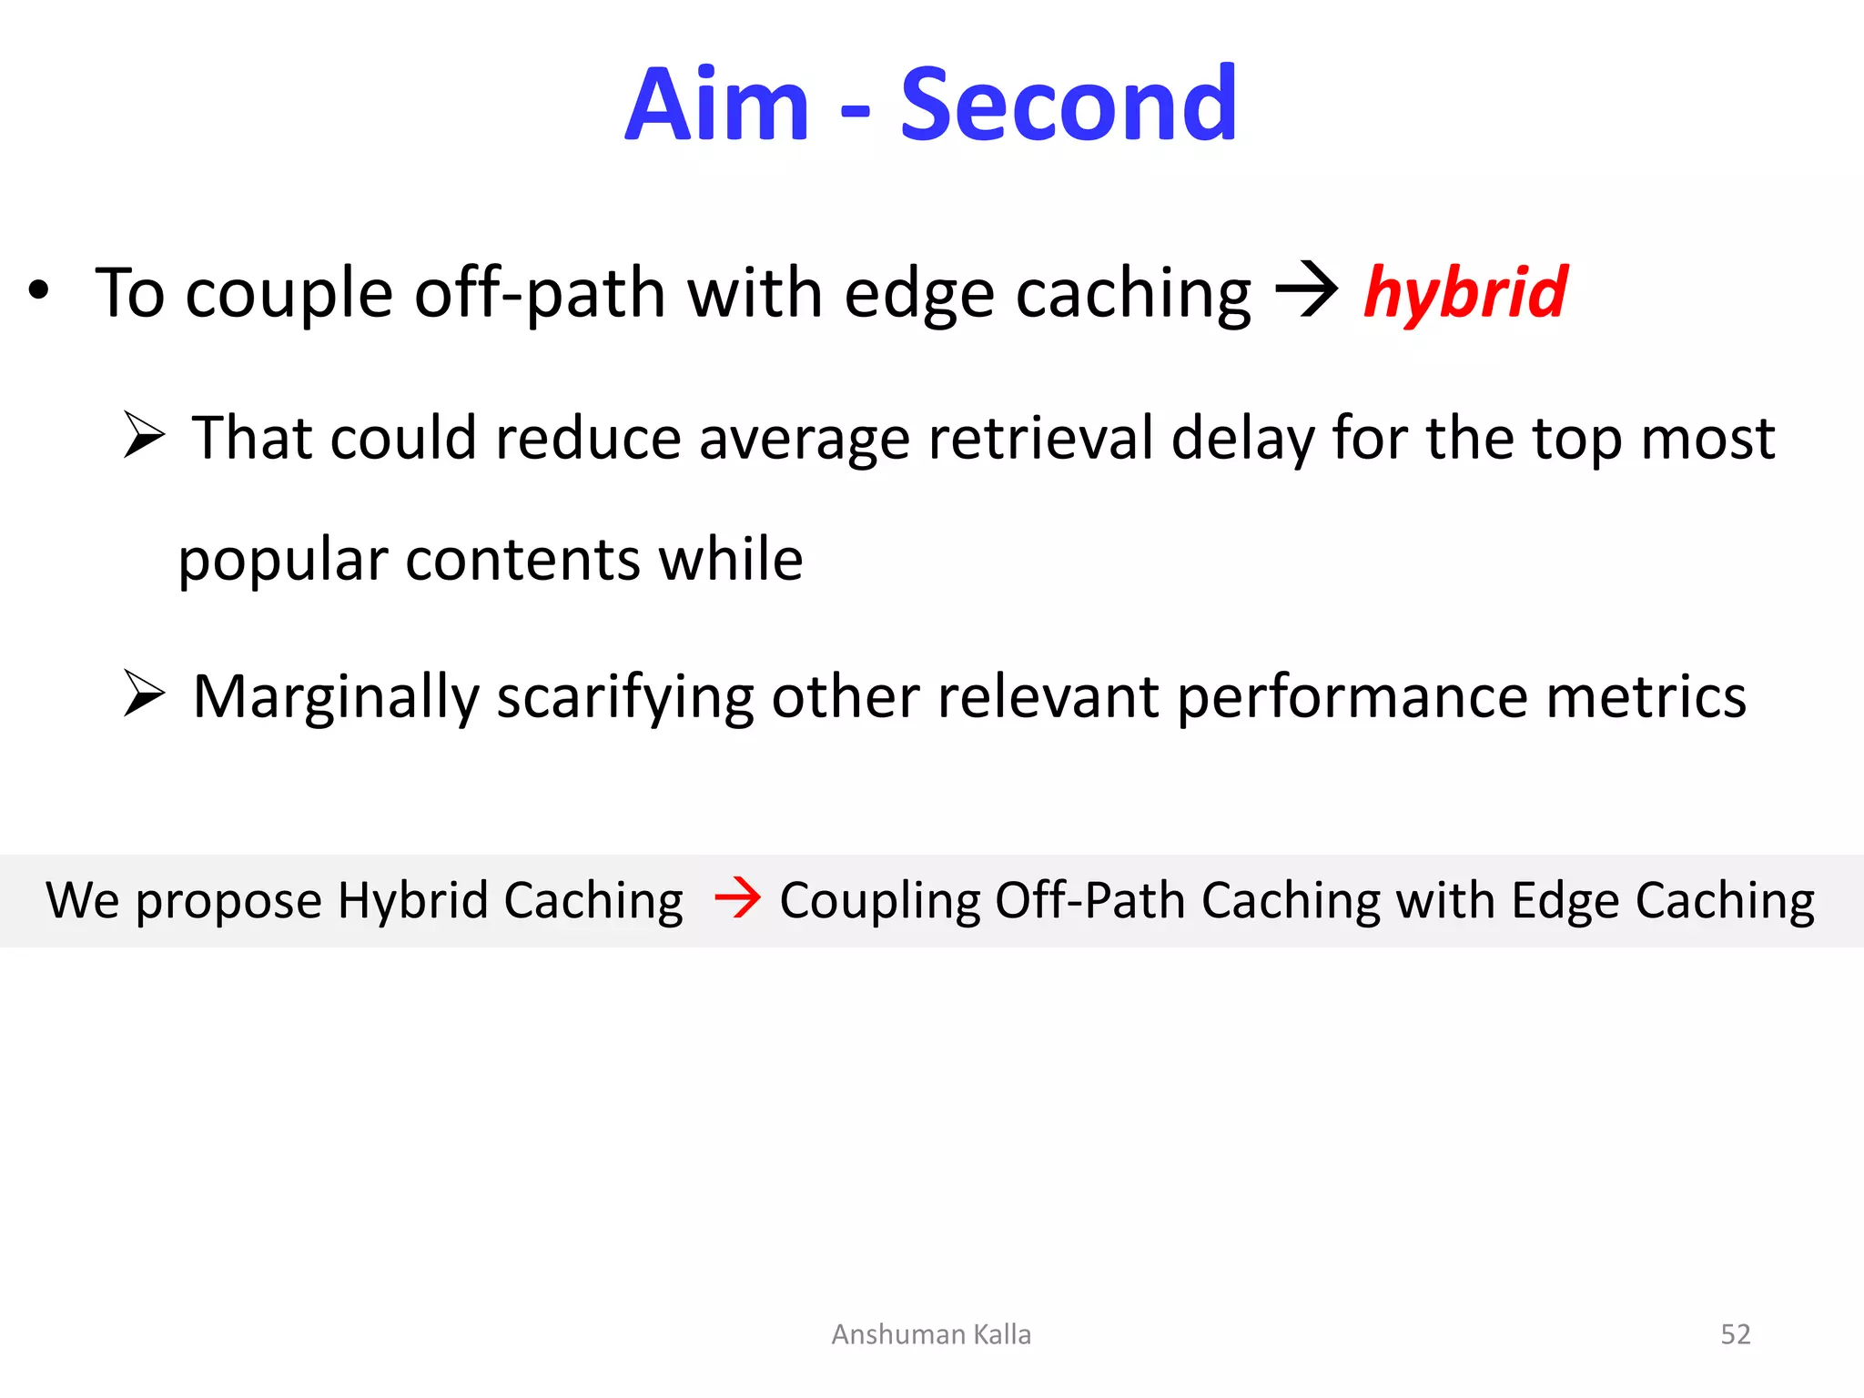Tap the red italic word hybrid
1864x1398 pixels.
tap(1464, 293)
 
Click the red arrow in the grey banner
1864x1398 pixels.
tap(737, 899)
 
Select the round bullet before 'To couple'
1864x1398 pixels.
tap(38, 291)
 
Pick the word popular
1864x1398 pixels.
tap(283, 561)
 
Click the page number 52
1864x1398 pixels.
tap(1735, 1334)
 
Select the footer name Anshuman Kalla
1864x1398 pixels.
tap(931, 1334)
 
